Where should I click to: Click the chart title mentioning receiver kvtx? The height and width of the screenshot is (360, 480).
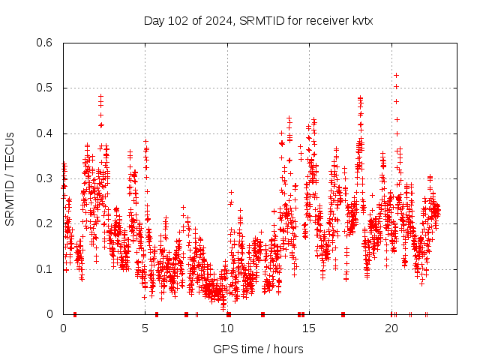point(258,21)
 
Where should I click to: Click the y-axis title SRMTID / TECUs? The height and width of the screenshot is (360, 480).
point(10,179)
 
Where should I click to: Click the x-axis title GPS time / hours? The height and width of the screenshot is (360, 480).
point(258,349)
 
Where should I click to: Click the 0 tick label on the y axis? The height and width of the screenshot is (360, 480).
point(52,314)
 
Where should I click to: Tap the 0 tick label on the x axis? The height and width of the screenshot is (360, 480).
point(63,328)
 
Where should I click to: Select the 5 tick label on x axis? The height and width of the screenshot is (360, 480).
point(145,328)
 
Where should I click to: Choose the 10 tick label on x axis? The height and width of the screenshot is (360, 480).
point(228,328)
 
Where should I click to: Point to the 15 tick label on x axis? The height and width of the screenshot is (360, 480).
point(310,328)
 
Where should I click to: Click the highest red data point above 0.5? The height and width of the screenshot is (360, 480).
point(396,75)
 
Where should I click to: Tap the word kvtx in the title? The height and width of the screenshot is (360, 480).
point(360,21)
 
